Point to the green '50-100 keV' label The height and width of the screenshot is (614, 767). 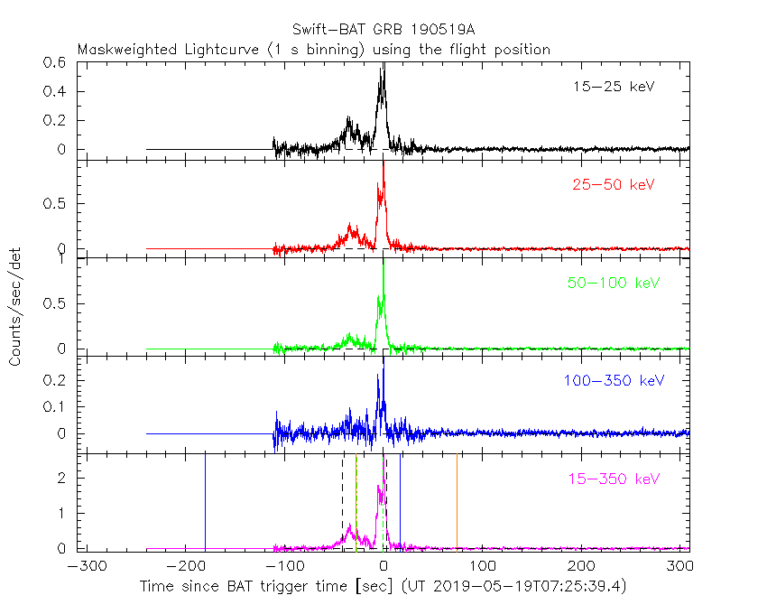(614, 284)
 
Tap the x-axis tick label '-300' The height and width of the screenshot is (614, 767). (83, 566)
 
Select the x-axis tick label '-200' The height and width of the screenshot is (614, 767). (183, 566)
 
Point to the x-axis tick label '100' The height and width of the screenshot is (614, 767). (484, 566)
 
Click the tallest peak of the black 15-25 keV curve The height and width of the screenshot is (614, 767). (383, 65)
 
